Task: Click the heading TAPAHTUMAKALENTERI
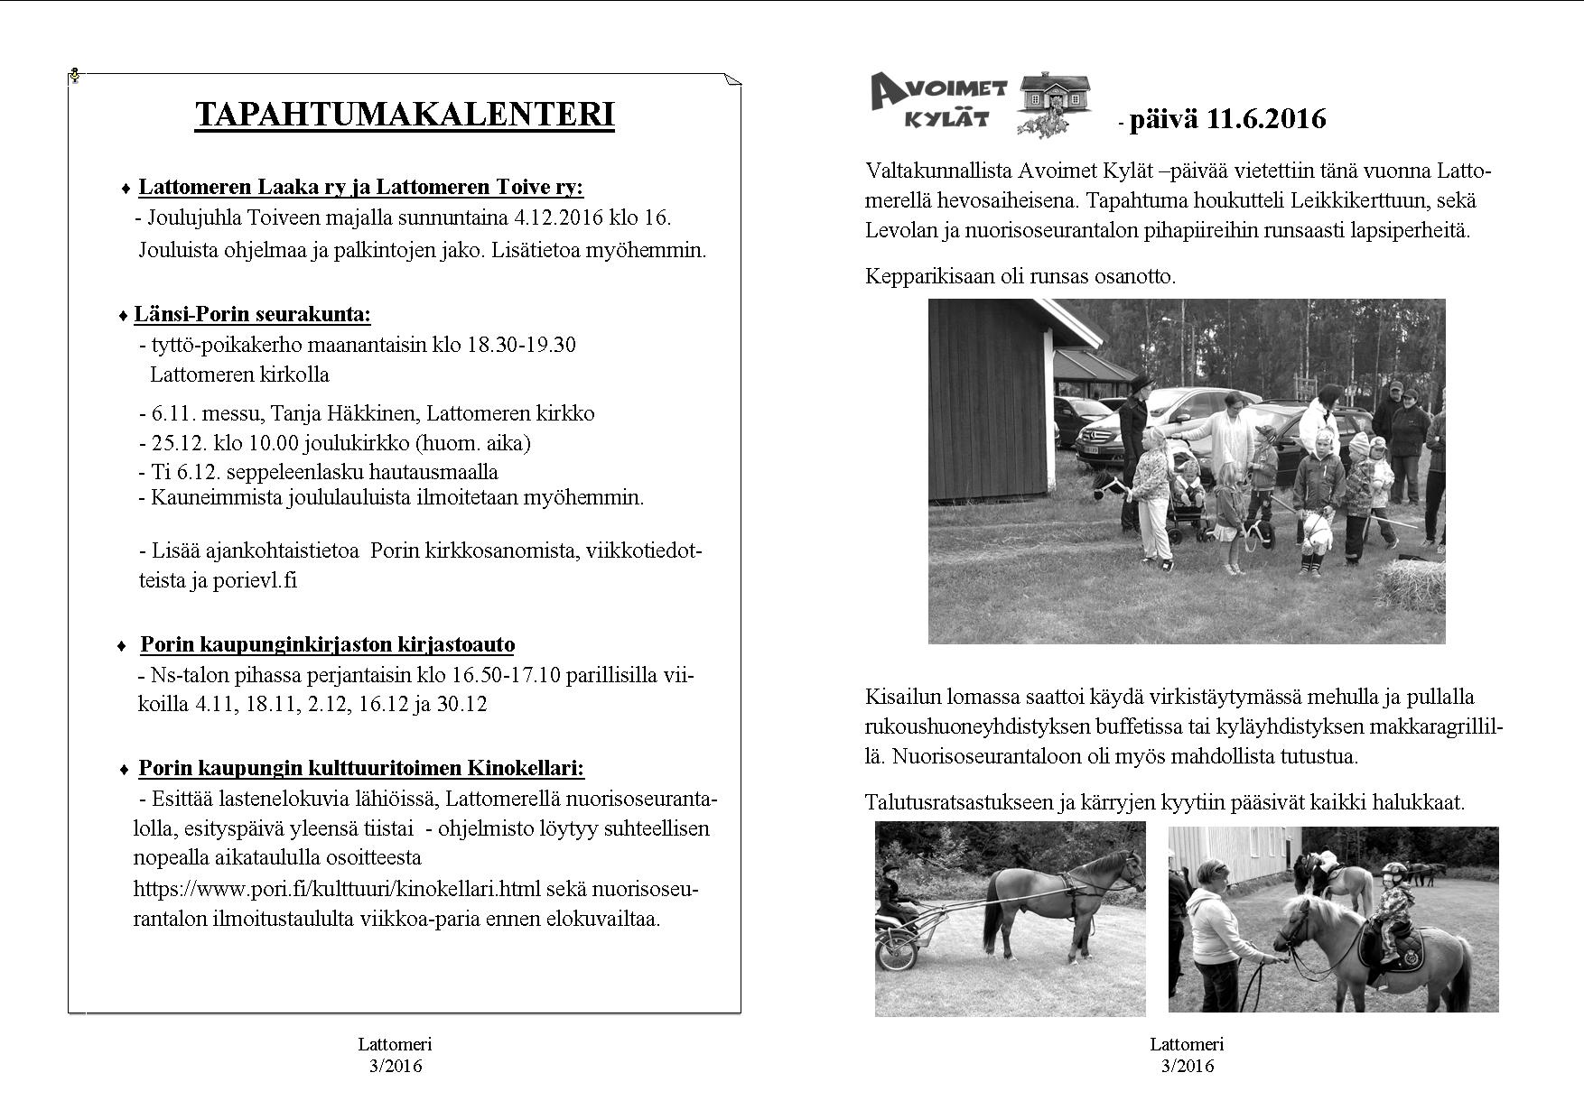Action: [405, 116]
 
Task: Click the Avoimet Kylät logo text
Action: [940, 102]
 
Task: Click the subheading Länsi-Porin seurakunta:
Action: [252, 315]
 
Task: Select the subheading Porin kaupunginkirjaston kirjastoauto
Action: [327, 645]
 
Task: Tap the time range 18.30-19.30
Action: [521, 345]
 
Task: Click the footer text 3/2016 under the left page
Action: [395, 1067]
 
